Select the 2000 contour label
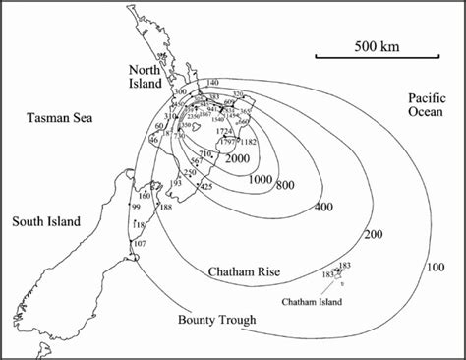click(x=236, y=158)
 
